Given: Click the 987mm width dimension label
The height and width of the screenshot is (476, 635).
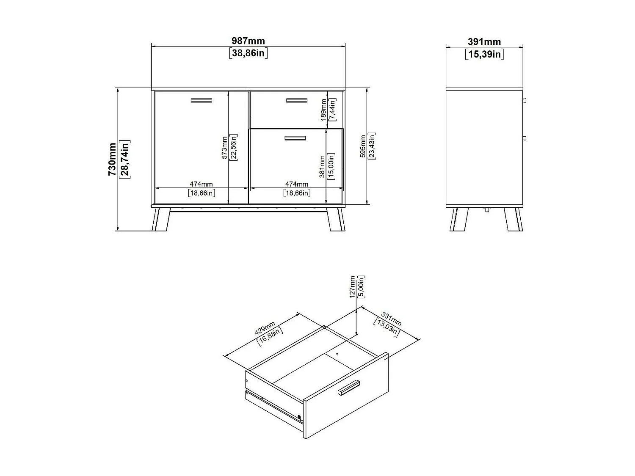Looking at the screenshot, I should pos(248,41).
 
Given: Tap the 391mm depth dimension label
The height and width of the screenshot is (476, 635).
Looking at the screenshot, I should pos(484,42).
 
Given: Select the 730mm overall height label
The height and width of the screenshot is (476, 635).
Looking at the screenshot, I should pos(112,159).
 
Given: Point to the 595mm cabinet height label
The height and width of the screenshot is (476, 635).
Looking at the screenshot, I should pos(363,146).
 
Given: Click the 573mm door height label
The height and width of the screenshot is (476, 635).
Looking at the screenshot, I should pos(224,147).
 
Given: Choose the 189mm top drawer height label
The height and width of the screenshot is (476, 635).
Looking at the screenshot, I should pos(324,110).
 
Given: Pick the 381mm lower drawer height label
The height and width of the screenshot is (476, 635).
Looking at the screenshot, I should pos(322,166).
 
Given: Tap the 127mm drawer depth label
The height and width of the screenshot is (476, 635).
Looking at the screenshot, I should pos(353,287).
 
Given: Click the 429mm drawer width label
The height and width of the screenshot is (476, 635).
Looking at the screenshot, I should pos(265,329).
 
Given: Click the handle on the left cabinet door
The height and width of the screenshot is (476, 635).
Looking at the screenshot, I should pos(201,100).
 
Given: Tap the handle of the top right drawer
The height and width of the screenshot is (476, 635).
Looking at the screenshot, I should pos(296,100).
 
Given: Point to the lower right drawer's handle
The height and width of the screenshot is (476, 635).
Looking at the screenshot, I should pos(295,138).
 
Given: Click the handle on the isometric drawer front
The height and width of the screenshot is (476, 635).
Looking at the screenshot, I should pos(348,388).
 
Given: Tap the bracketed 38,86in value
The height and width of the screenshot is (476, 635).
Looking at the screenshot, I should pos(248,53).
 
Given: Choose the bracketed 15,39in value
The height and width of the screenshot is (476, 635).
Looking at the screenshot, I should pos(484,54).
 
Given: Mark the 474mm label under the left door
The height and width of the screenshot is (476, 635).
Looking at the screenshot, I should pos(201,184).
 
